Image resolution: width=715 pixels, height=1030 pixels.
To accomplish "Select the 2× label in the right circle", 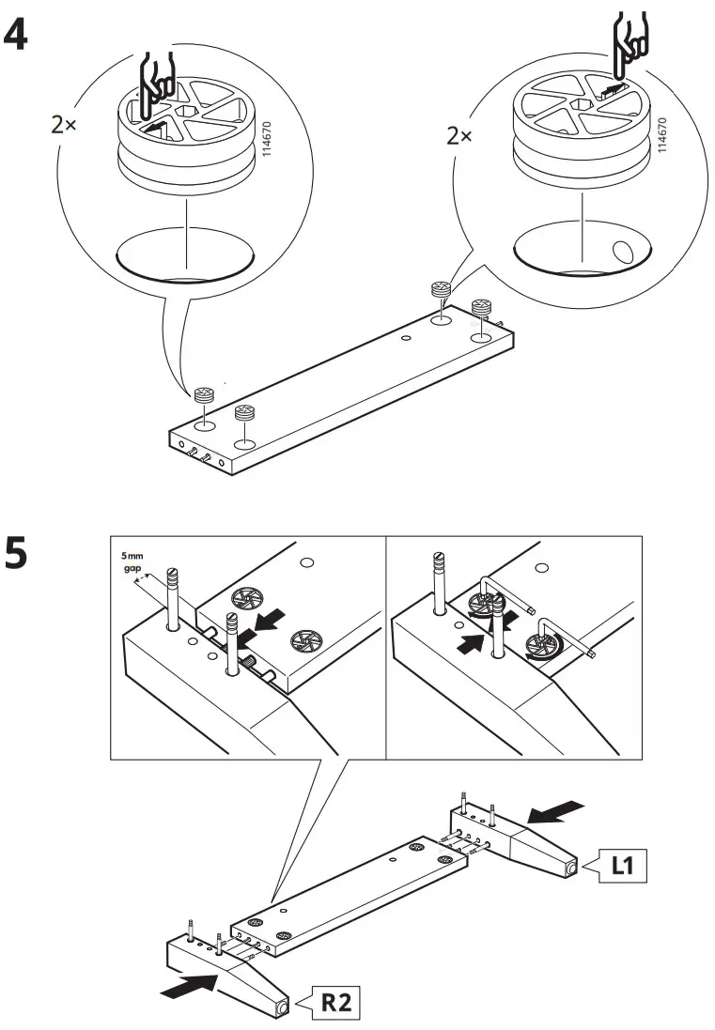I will point(459,136).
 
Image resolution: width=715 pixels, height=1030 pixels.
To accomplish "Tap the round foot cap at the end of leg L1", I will point(572,869).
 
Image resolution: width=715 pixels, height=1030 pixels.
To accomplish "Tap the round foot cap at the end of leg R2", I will point(283,1008).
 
